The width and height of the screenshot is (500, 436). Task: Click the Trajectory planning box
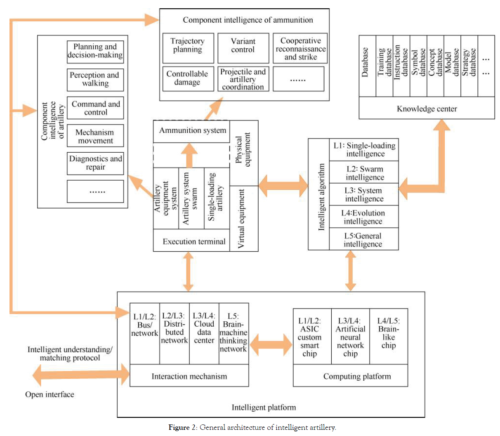(x=188, y=48)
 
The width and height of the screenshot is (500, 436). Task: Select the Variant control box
(x=243, y=48)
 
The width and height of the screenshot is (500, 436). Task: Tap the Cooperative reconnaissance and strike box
(x=300, y=48)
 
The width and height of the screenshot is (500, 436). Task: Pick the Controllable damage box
(x=188, y=78)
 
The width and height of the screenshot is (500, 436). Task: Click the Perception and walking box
(x=95, y=79)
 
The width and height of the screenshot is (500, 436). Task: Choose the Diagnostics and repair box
(x=95, y=163)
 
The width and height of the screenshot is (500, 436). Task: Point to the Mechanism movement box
(x=95, y=136)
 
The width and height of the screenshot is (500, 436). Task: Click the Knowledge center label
(x=427, y=108)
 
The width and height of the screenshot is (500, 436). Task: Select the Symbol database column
(x=418, y=66)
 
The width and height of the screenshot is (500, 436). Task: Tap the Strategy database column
(x=469, y=66)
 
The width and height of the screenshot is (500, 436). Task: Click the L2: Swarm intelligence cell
(x=364, y=173)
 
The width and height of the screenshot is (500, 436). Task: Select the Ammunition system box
(x=192, y=131)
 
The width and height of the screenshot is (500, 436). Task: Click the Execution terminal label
(x=194, y=241)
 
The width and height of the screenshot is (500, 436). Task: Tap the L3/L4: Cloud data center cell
(x=204, y=334)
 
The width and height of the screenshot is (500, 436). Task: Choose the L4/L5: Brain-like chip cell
(x=388, y=336)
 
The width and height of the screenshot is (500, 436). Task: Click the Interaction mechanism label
(x=189, y=376)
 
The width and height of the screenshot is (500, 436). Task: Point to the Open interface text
(x=50, y=394)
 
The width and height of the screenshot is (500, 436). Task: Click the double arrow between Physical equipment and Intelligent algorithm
(x=283, y=186)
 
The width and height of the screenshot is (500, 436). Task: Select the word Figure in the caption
(x=179, y=428)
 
